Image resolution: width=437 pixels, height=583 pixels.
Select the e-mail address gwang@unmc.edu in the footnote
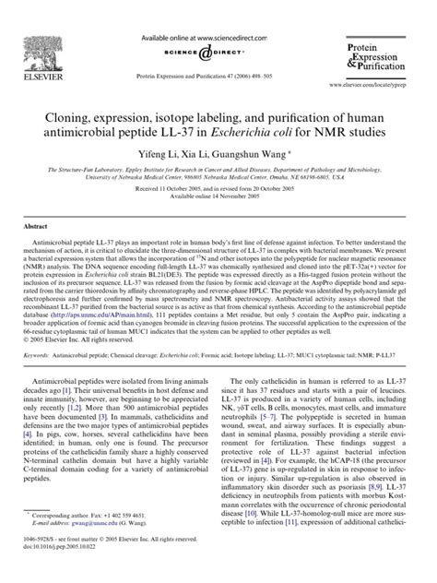pos(89,547)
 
